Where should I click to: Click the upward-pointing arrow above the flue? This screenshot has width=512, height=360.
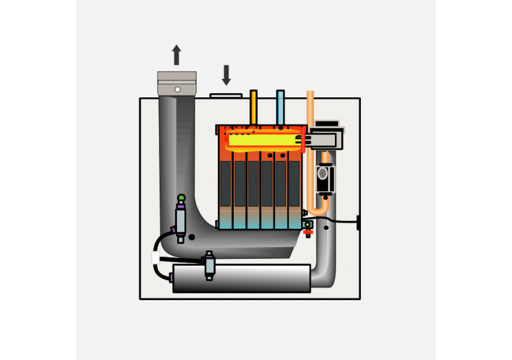176,55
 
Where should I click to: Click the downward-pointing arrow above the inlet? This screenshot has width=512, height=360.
226,75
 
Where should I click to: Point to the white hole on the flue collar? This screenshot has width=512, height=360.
178,89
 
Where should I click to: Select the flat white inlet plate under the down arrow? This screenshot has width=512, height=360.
226,96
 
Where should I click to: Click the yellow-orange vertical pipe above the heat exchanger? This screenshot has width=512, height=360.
254,107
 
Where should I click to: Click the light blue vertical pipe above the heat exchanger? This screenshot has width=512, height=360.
281,107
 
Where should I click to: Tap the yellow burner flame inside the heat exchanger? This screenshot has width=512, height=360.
262,141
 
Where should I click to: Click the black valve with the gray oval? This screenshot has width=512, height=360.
324,179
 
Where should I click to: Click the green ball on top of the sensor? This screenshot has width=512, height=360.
181,198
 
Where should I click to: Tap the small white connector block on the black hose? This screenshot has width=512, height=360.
156,258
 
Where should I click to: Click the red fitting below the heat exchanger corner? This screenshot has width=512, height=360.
308,232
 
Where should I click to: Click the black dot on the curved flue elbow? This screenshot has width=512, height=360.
192,237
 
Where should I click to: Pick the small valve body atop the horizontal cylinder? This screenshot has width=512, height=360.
210,265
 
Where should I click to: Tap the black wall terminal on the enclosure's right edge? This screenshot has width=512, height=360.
358,222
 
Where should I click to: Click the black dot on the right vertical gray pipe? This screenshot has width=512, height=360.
326,228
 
